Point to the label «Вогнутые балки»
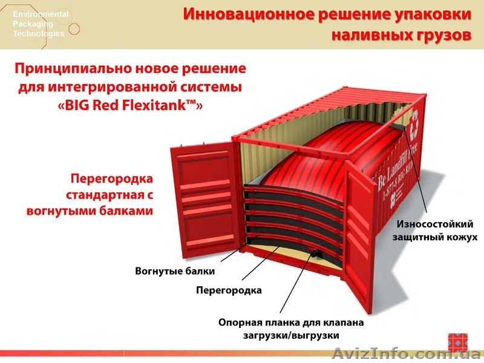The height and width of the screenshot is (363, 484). (175, 270)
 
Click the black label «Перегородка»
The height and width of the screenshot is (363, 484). (229, 290)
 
